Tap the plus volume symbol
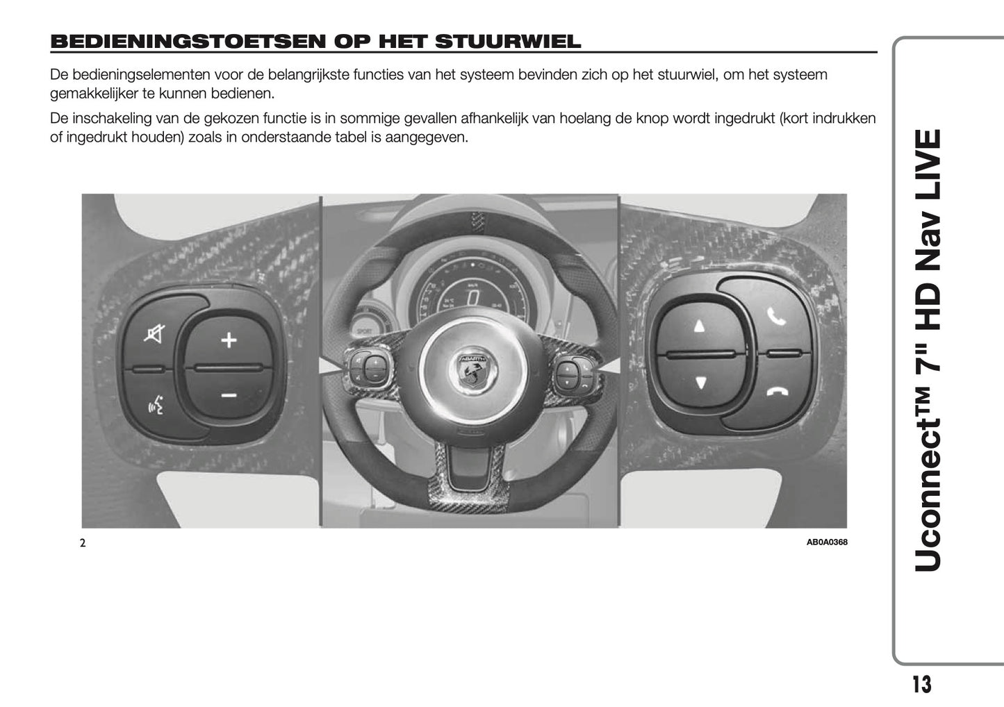click(x=229, y=340)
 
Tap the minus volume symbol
click(x=229, y=396)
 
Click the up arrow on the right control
click(x=700, y=326)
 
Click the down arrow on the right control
click(x=700, y=382)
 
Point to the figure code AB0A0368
click(x=827, y=542)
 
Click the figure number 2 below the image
click(x=83, y=543)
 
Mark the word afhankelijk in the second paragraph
click(x=501, y=119)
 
